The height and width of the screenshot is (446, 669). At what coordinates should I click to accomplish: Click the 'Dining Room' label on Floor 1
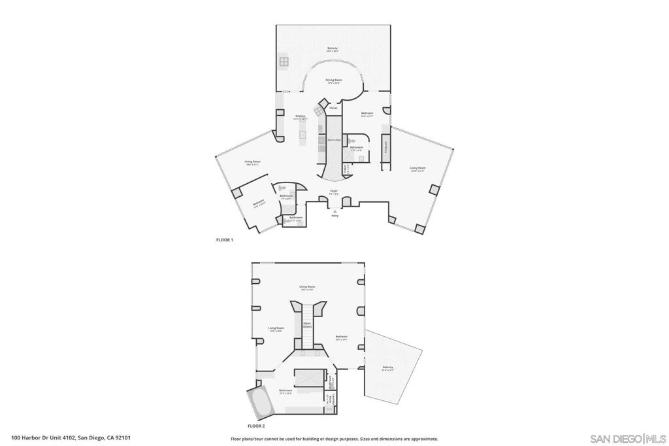click(x=333, y=80)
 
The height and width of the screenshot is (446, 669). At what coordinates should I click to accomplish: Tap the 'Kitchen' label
click(x=300, y=116)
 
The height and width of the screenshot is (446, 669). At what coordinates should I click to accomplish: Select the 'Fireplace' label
click(x=385, y=146)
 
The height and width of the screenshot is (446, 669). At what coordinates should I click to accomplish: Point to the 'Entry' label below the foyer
click(x=334, y=215)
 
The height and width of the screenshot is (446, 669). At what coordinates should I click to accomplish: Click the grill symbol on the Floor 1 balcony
click(x=284, y=62)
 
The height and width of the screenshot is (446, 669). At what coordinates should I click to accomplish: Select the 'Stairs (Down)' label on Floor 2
click(x=307, y=324)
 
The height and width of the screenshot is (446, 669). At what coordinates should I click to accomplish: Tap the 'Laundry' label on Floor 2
click(x=331, y=398)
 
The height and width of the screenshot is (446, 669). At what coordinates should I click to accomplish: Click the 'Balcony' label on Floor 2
click(x=388, y=368)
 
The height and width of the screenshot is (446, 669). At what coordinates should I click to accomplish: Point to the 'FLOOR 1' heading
click(x=225, y=240)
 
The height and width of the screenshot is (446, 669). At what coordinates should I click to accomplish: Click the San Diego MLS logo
click(x=627, y=437)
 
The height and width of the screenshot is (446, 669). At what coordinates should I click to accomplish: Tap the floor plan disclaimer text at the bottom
click(x=334, y=439)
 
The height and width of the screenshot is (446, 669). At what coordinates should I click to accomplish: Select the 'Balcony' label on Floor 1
click(x=333, y=48)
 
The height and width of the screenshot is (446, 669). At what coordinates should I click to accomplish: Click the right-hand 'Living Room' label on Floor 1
click(x=417, y=168)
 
